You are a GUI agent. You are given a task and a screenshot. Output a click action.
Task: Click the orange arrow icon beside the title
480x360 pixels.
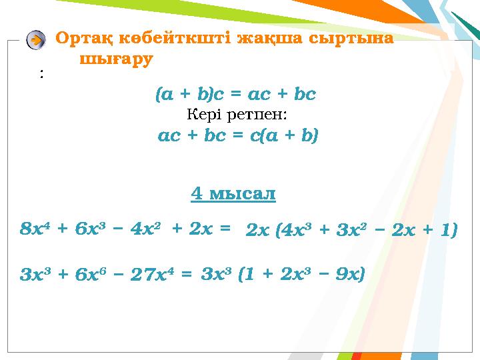pyautogui.click(x=36, y=41)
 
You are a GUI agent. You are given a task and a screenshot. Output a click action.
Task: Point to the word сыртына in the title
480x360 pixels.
pyautogui.click(x=354, y=38)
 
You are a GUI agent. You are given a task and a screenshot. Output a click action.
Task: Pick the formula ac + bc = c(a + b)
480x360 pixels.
pyautogui.click(x=238, y=136)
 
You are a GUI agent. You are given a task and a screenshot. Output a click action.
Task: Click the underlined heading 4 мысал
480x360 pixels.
pyautogui.click(x=233, y=194)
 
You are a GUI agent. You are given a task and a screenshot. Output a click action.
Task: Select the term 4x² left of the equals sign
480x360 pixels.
pyautogui.click(x=144, y=229)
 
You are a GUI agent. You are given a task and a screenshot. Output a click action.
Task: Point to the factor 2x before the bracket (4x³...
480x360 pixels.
pyautogui.click(x=256, y=231)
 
